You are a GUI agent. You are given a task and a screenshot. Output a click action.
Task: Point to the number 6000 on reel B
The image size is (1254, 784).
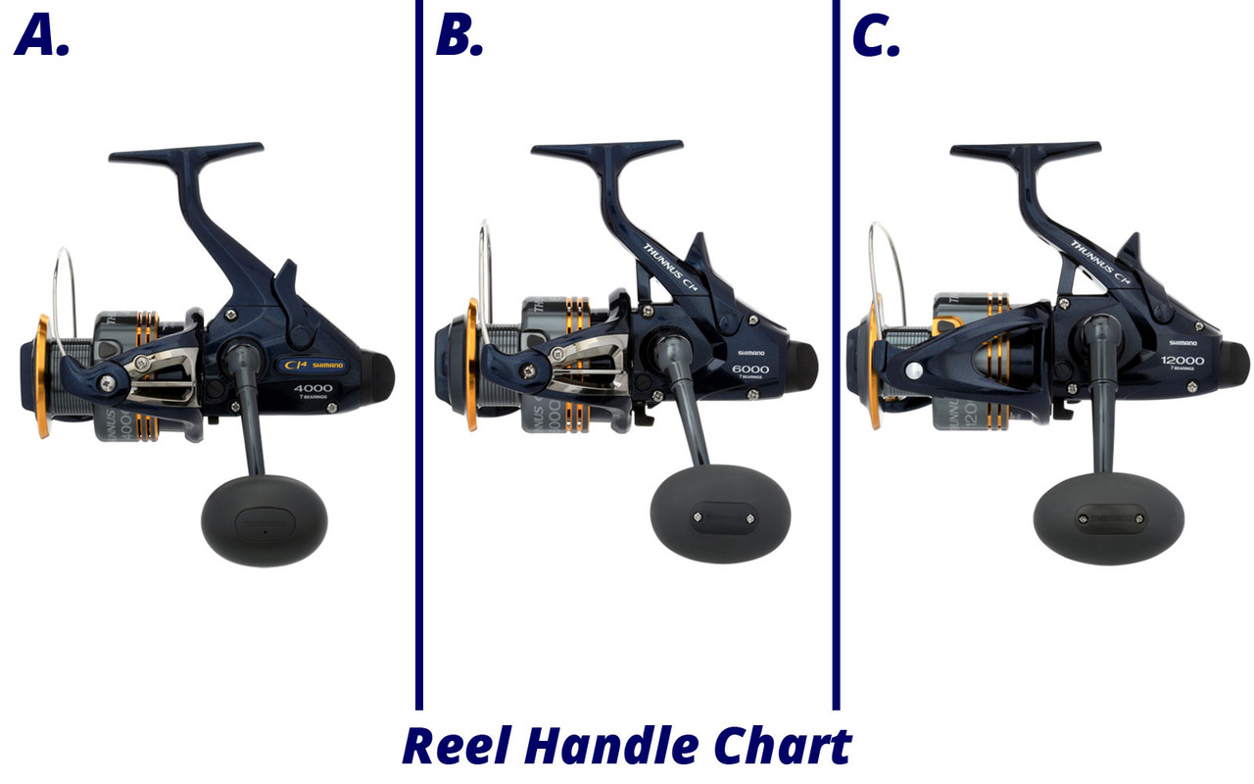pyautogui.click(x=749, y=369)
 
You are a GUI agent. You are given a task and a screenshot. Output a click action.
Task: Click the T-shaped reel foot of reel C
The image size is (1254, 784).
pyautogui.click(x=1025, y=152)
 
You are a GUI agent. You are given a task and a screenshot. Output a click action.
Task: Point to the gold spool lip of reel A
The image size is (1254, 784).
pyautogui.click(x=42, y=376)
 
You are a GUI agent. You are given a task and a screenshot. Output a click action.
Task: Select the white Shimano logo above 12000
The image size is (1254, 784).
pyautogui.click(x=1184, y=343)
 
